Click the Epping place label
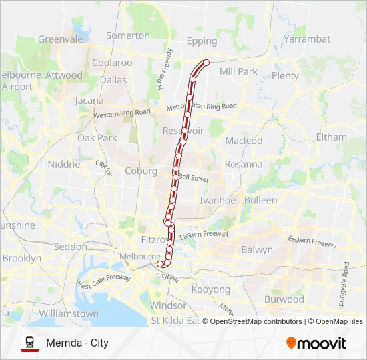point(202,41)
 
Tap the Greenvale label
point(60,39)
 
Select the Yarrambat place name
point(306,39)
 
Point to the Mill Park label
point(238,71)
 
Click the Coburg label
point(141,171)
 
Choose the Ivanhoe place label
point(218,200)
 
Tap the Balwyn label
point(257,250)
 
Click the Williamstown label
point(69,313)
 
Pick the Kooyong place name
point(210,289)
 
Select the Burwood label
point(284,299)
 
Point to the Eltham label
point(331,137)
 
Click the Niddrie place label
point(64,164)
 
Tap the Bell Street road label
point(194,179)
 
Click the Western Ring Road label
point(121,114)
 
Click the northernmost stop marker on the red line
point(206,63)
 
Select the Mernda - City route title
point(77,343)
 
